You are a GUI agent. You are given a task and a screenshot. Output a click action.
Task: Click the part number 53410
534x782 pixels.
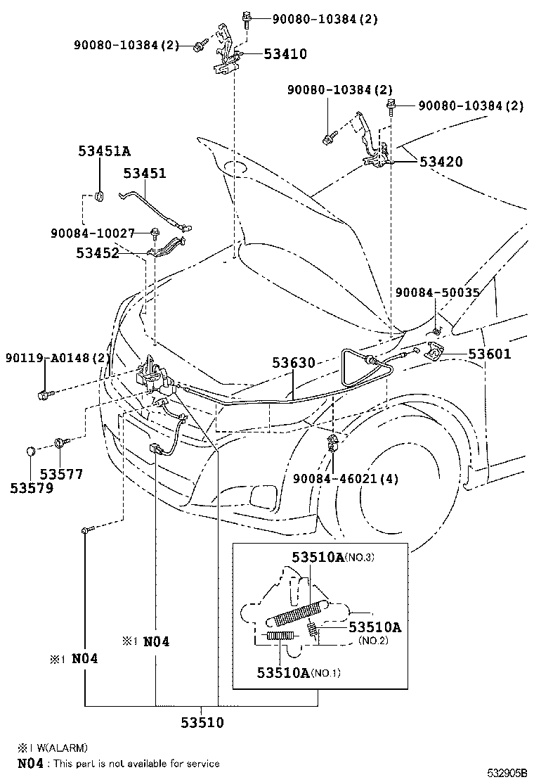(x=285, y=54)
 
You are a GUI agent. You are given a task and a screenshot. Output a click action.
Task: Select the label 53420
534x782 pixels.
(x=441, y=162)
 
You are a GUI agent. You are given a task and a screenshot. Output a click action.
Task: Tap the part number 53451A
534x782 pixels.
(x=105, y=150)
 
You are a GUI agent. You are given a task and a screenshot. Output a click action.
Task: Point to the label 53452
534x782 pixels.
(x=98, y=253)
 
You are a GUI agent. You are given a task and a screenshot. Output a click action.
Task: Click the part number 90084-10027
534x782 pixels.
(x=93, y=233)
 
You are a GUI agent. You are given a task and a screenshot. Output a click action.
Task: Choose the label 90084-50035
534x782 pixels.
(x=437, y=293)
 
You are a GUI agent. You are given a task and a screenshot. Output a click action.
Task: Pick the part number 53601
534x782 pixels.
(x=490, y=354)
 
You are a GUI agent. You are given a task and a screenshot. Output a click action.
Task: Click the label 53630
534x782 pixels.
(x=294, y=363)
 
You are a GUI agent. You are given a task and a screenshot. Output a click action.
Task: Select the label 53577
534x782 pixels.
(x=61, y=474)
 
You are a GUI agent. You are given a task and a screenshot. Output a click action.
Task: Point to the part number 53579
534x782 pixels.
(x=32, y=488)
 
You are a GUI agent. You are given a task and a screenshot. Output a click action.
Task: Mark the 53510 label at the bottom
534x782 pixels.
(x=202, y=722)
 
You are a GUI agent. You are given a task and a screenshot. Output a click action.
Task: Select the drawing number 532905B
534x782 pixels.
(x=507, y=773)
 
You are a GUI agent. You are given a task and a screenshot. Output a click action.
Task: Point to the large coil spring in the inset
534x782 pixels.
(x=297, y=613)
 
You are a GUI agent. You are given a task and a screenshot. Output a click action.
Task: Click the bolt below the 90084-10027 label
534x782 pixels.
(x=155, y=232)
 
